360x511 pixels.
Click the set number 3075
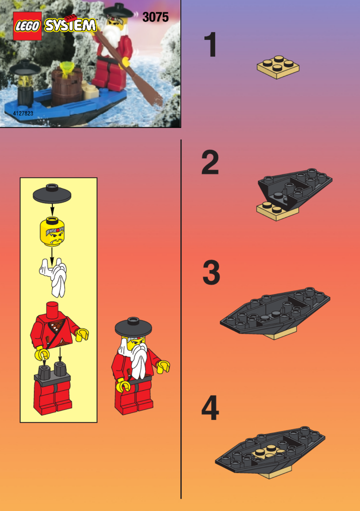click(156, 17)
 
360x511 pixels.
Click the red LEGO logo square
click(27, 26)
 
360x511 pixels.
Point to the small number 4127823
click(23, 114)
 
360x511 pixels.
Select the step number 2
click(210, 162)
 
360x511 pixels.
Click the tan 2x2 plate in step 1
click(278, 67)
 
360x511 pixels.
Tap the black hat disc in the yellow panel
click(52, 194)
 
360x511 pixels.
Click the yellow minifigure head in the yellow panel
click(52, 232)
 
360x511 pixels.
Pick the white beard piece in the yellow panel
click(54, 277)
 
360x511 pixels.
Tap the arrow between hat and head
click(52, 210)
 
